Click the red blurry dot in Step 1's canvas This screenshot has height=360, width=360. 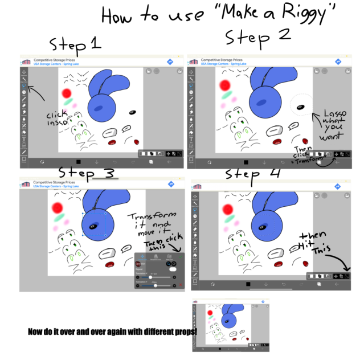67,92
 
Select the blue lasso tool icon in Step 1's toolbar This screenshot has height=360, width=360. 24,85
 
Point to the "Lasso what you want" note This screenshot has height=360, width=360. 330,125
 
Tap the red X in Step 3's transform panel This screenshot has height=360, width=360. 181,284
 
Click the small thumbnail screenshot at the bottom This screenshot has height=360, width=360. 230,325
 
